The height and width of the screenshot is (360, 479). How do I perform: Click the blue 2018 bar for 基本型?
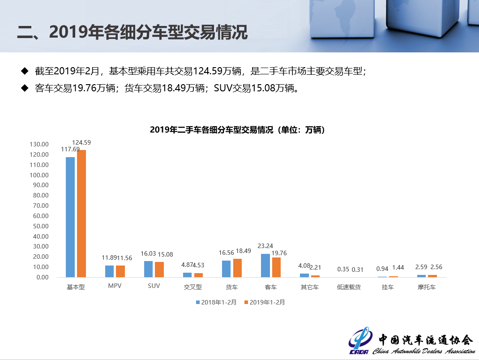70,217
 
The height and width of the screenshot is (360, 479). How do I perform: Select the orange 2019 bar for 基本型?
81,214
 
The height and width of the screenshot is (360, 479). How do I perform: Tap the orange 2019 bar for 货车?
237,268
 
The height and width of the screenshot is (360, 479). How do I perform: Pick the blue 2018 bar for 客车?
265,266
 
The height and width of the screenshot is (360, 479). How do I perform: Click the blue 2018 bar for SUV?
148,269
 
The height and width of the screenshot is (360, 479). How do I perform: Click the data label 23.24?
265,246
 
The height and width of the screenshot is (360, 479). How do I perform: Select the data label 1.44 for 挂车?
398,268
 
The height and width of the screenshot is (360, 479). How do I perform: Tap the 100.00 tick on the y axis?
40,175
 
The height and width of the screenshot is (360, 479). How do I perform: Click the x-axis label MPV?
115,287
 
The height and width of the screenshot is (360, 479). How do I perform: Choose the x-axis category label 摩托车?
426,287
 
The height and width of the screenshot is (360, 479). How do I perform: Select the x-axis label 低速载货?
349,287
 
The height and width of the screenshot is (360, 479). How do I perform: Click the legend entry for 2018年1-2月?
216,302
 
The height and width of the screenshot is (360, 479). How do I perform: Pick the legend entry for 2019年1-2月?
265,302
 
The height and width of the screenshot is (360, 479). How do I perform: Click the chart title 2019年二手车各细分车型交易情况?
237,130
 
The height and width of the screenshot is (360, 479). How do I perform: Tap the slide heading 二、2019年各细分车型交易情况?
133,32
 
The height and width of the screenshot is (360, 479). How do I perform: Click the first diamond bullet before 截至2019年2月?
25,71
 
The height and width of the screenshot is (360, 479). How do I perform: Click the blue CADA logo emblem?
360,342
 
